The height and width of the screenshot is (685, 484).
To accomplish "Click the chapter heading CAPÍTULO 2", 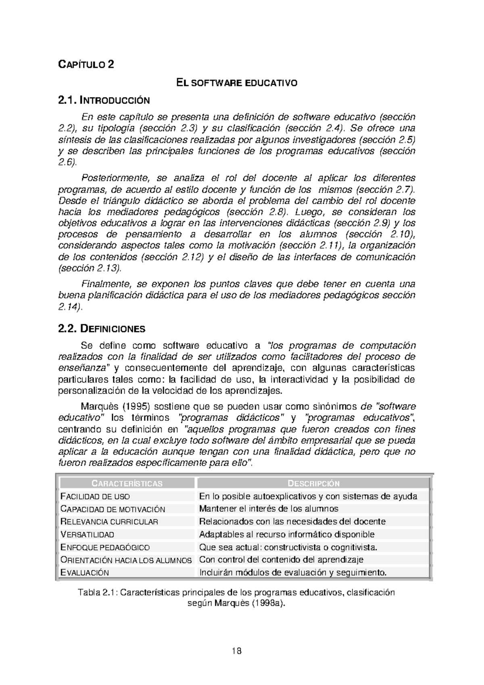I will click(86, 64).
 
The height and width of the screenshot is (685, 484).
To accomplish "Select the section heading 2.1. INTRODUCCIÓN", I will click(104, 100).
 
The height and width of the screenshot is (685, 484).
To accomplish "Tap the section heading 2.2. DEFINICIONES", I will click(102, 329).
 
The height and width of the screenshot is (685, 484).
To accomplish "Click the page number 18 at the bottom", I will click(237, 651).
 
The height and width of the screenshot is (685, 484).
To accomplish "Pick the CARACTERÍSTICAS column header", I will click(127, 483).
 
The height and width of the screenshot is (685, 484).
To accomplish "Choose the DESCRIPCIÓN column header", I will click(313, 483).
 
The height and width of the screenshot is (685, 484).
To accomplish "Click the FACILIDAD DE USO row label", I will click(95, 496).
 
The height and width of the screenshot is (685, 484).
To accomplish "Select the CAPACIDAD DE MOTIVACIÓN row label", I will click(113, 509).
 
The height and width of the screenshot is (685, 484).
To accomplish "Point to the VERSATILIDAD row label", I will click(87, 535).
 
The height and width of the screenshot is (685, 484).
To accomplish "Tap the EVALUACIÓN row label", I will click(85, 572).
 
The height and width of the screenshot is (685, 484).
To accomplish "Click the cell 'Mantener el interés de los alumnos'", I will click(269, 509).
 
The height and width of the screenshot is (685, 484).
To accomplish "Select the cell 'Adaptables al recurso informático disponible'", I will click(287, 535).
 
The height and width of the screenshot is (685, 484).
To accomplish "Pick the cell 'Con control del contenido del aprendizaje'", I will click(281, 560).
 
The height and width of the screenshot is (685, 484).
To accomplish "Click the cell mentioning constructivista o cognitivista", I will click(288, 547).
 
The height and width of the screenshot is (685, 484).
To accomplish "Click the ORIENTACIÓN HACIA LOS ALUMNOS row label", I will click(126, 560).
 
